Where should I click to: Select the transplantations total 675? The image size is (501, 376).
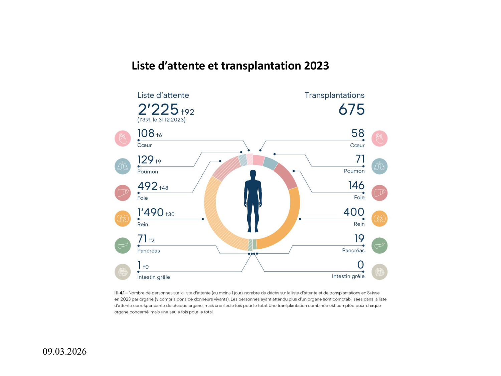[351, 109]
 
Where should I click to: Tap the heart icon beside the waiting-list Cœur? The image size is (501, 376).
[123, 138]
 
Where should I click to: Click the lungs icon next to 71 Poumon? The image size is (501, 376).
[379, 166]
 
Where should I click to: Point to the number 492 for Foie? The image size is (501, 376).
[147, 186]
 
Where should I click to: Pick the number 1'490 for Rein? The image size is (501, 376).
[150, 212]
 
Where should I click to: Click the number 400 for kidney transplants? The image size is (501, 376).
[354, 212]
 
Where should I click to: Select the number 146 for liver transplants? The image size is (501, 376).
[356, 185]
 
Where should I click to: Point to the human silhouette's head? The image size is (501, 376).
[253, 174]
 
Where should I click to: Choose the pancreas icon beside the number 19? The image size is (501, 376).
[379, 246]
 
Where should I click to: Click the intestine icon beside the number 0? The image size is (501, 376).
[379, 272]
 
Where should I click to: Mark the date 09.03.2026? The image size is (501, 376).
[64, 352]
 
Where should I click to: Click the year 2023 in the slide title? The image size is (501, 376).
[316, 66]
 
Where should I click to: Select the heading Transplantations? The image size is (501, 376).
[334, 95]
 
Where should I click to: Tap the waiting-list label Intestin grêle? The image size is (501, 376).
[154, 277]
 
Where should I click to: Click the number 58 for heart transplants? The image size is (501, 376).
[358, 133]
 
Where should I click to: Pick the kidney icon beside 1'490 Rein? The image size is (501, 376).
[123, 219]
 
